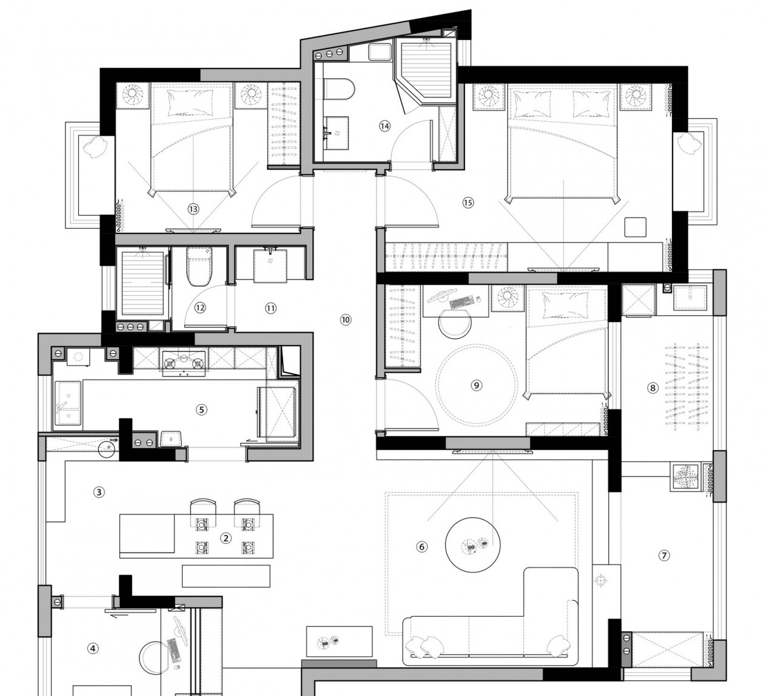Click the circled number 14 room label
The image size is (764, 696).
[384, 126]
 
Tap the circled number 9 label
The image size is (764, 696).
[476, 386]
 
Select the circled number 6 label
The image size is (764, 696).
[421, 547]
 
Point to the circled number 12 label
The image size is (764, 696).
[200, 307]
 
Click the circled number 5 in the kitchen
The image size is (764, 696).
[201, 410]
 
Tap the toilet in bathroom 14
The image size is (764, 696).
[339, 89]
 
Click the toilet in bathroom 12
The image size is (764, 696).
[199, 266]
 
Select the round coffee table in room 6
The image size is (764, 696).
[472, 544]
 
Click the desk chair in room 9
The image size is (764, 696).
[455, 323]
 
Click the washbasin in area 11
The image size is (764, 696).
[270, 266]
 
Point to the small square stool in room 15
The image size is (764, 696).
[635, 227]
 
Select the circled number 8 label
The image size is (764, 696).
[653, 388]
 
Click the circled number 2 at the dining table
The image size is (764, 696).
[226, 538]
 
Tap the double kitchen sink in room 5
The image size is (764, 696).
[68, 403]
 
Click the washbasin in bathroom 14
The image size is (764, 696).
[336, 133]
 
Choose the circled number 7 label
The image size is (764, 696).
[664, 555]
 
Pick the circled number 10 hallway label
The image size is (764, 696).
[346, 320]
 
